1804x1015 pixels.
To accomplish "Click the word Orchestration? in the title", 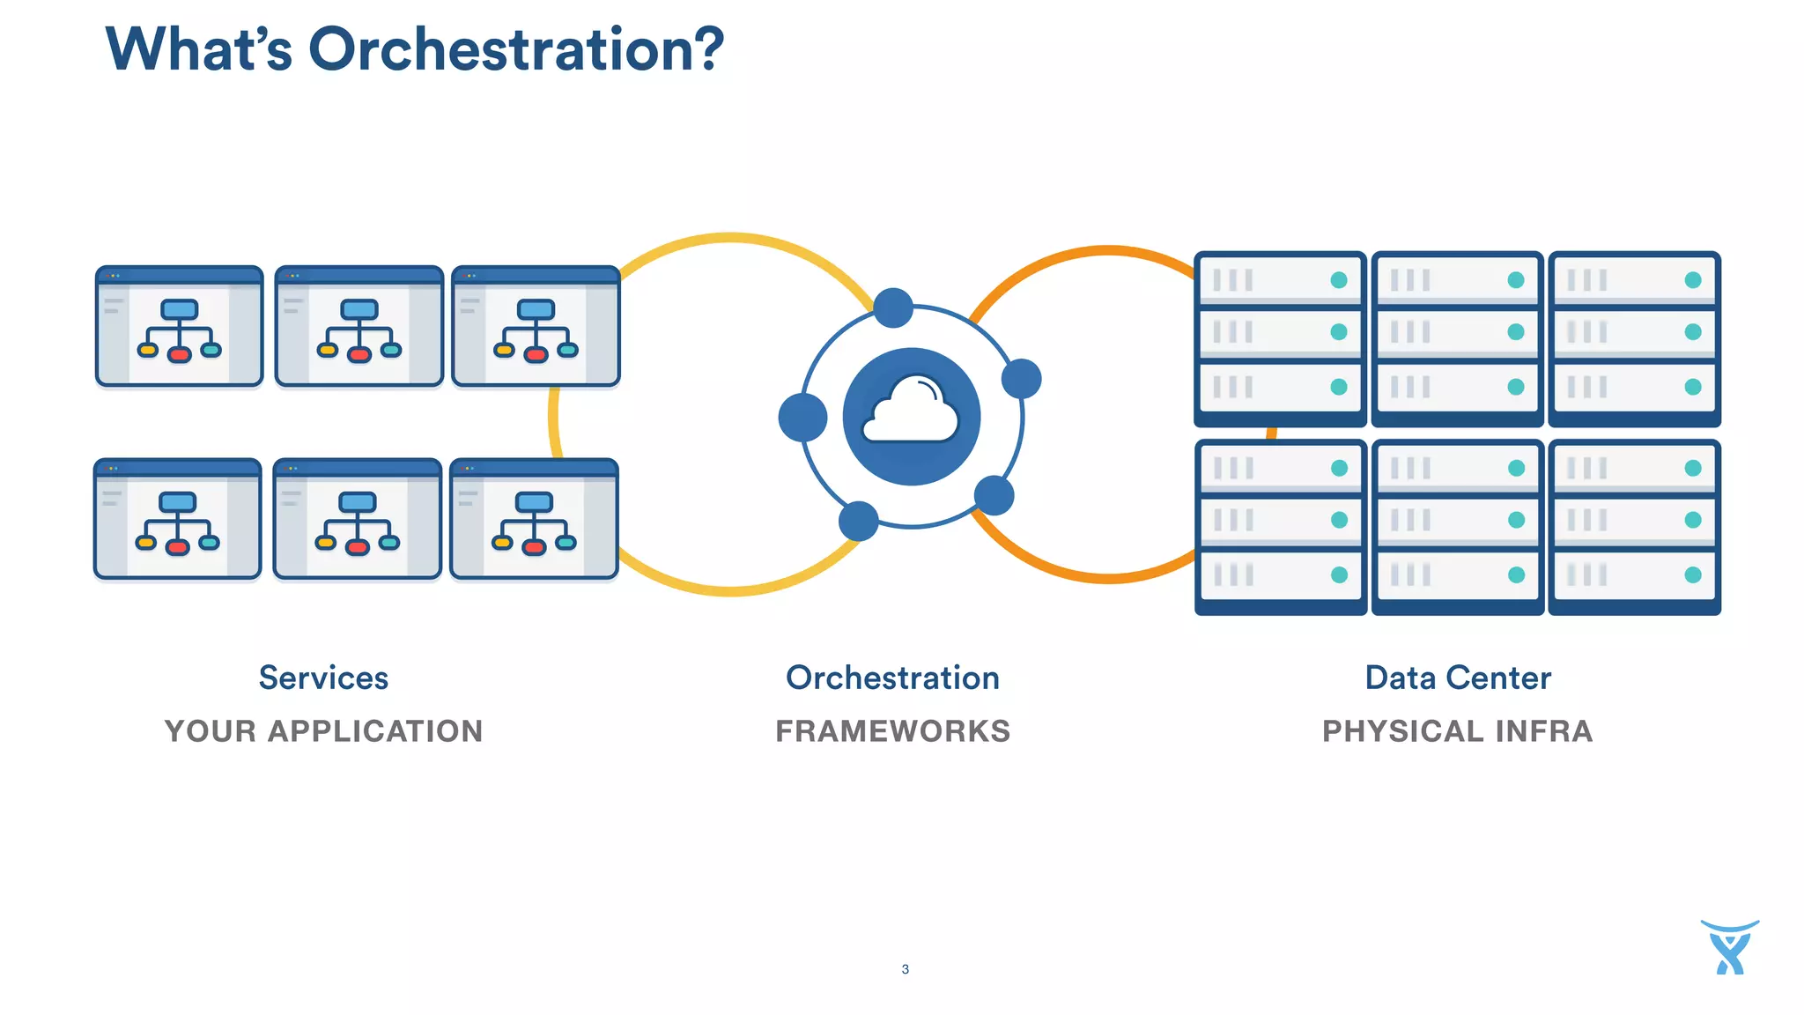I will coord(515,49).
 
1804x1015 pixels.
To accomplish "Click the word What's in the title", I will coord(198,49).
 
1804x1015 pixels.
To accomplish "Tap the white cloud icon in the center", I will coord(911,411).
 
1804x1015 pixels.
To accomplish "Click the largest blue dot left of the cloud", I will coord(802,418).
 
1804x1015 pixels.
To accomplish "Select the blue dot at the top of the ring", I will coord(893,307).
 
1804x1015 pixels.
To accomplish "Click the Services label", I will coord(323,678).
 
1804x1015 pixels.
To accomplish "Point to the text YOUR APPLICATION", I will coord(323,731).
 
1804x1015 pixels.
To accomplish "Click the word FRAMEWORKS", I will coord(892,731).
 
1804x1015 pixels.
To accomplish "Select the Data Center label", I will coord(1457,678).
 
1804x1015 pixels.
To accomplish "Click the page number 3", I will coord(905,969).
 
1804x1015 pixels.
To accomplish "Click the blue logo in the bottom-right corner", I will coord(1729,948).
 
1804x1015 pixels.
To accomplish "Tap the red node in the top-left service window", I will coord(180,354).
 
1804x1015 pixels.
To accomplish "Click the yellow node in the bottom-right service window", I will coord(502,543).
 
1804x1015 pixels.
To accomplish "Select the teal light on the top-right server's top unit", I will coord(1692,280).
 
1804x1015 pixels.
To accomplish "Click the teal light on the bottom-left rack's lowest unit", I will coord(1339,574).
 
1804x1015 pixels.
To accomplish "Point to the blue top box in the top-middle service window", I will coord(359,310).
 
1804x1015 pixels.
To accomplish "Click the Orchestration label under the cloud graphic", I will coord(892,678).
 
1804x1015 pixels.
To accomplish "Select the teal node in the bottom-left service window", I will coord(209,542).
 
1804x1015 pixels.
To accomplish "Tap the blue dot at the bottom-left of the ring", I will coord(858,521).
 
